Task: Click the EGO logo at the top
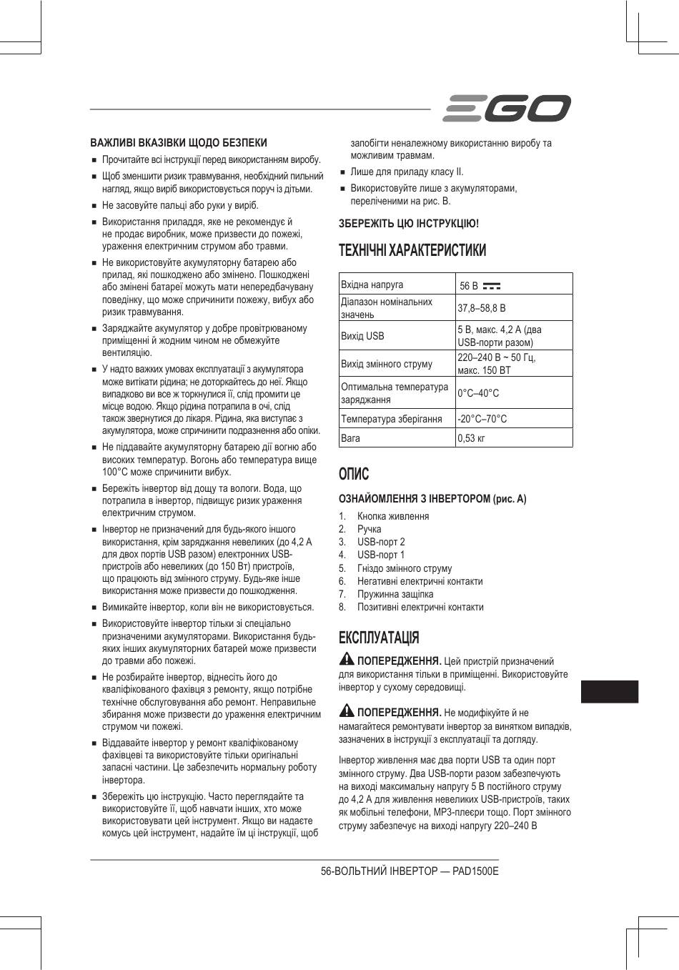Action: click(x=507, y=109)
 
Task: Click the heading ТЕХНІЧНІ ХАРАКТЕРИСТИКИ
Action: click(x=412, y=250)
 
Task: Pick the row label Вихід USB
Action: click(x=362, y=336)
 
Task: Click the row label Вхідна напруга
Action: click(x=372, y=284)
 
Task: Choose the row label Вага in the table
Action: click(x=350, y=438)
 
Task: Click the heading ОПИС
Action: click(x=354, y=474)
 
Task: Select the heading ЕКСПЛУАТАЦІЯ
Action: click(x=379, y=638)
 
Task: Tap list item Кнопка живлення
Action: click(x=393, y=516)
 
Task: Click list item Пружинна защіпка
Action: click(x=395, y=594)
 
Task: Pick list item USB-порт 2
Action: click(x=381, y=542)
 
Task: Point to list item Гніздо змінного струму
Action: click(x=405, y=568)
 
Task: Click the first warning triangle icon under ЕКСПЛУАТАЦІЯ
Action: click(x=347, y=659)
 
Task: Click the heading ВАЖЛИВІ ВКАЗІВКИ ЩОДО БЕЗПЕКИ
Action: click(x=179, y=142)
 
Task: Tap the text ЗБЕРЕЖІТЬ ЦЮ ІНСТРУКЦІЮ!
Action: click(x=409, y=223)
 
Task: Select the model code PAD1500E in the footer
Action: click(x=475, y=872)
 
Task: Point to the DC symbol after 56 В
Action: click(x=492, y=286)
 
